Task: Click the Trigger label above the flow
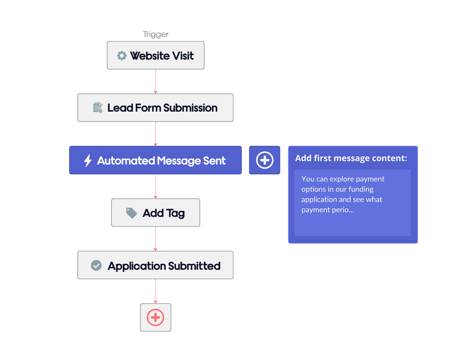point(156,35)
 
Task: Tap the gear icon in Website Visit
point(122,55)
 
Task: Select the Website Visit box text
point(162,55)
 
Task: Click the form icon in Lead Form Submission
point(98,107)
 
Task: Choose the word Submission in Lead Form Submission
point(190,108)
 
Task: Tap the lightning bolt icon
point(88,161)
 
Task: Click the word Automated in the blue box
point(126,161)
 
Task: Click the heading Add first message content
point(351,158)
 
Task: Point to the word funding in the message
point(361,189)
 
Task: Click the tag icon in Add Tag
point(131,213)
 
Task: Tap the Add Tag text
point(164,213)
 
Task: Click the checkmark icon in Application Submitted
point(96,266)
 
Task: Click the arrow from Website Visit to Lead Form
point(155,81)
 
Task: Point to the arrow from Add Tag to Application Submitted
point(155,239)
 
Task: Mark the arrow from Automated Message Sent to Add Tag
point(155,186)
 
